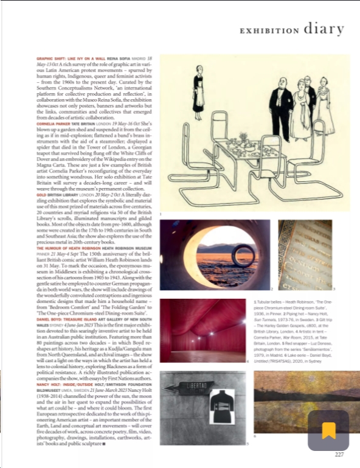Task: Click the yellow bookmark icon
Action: click(x=328, y=430)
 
